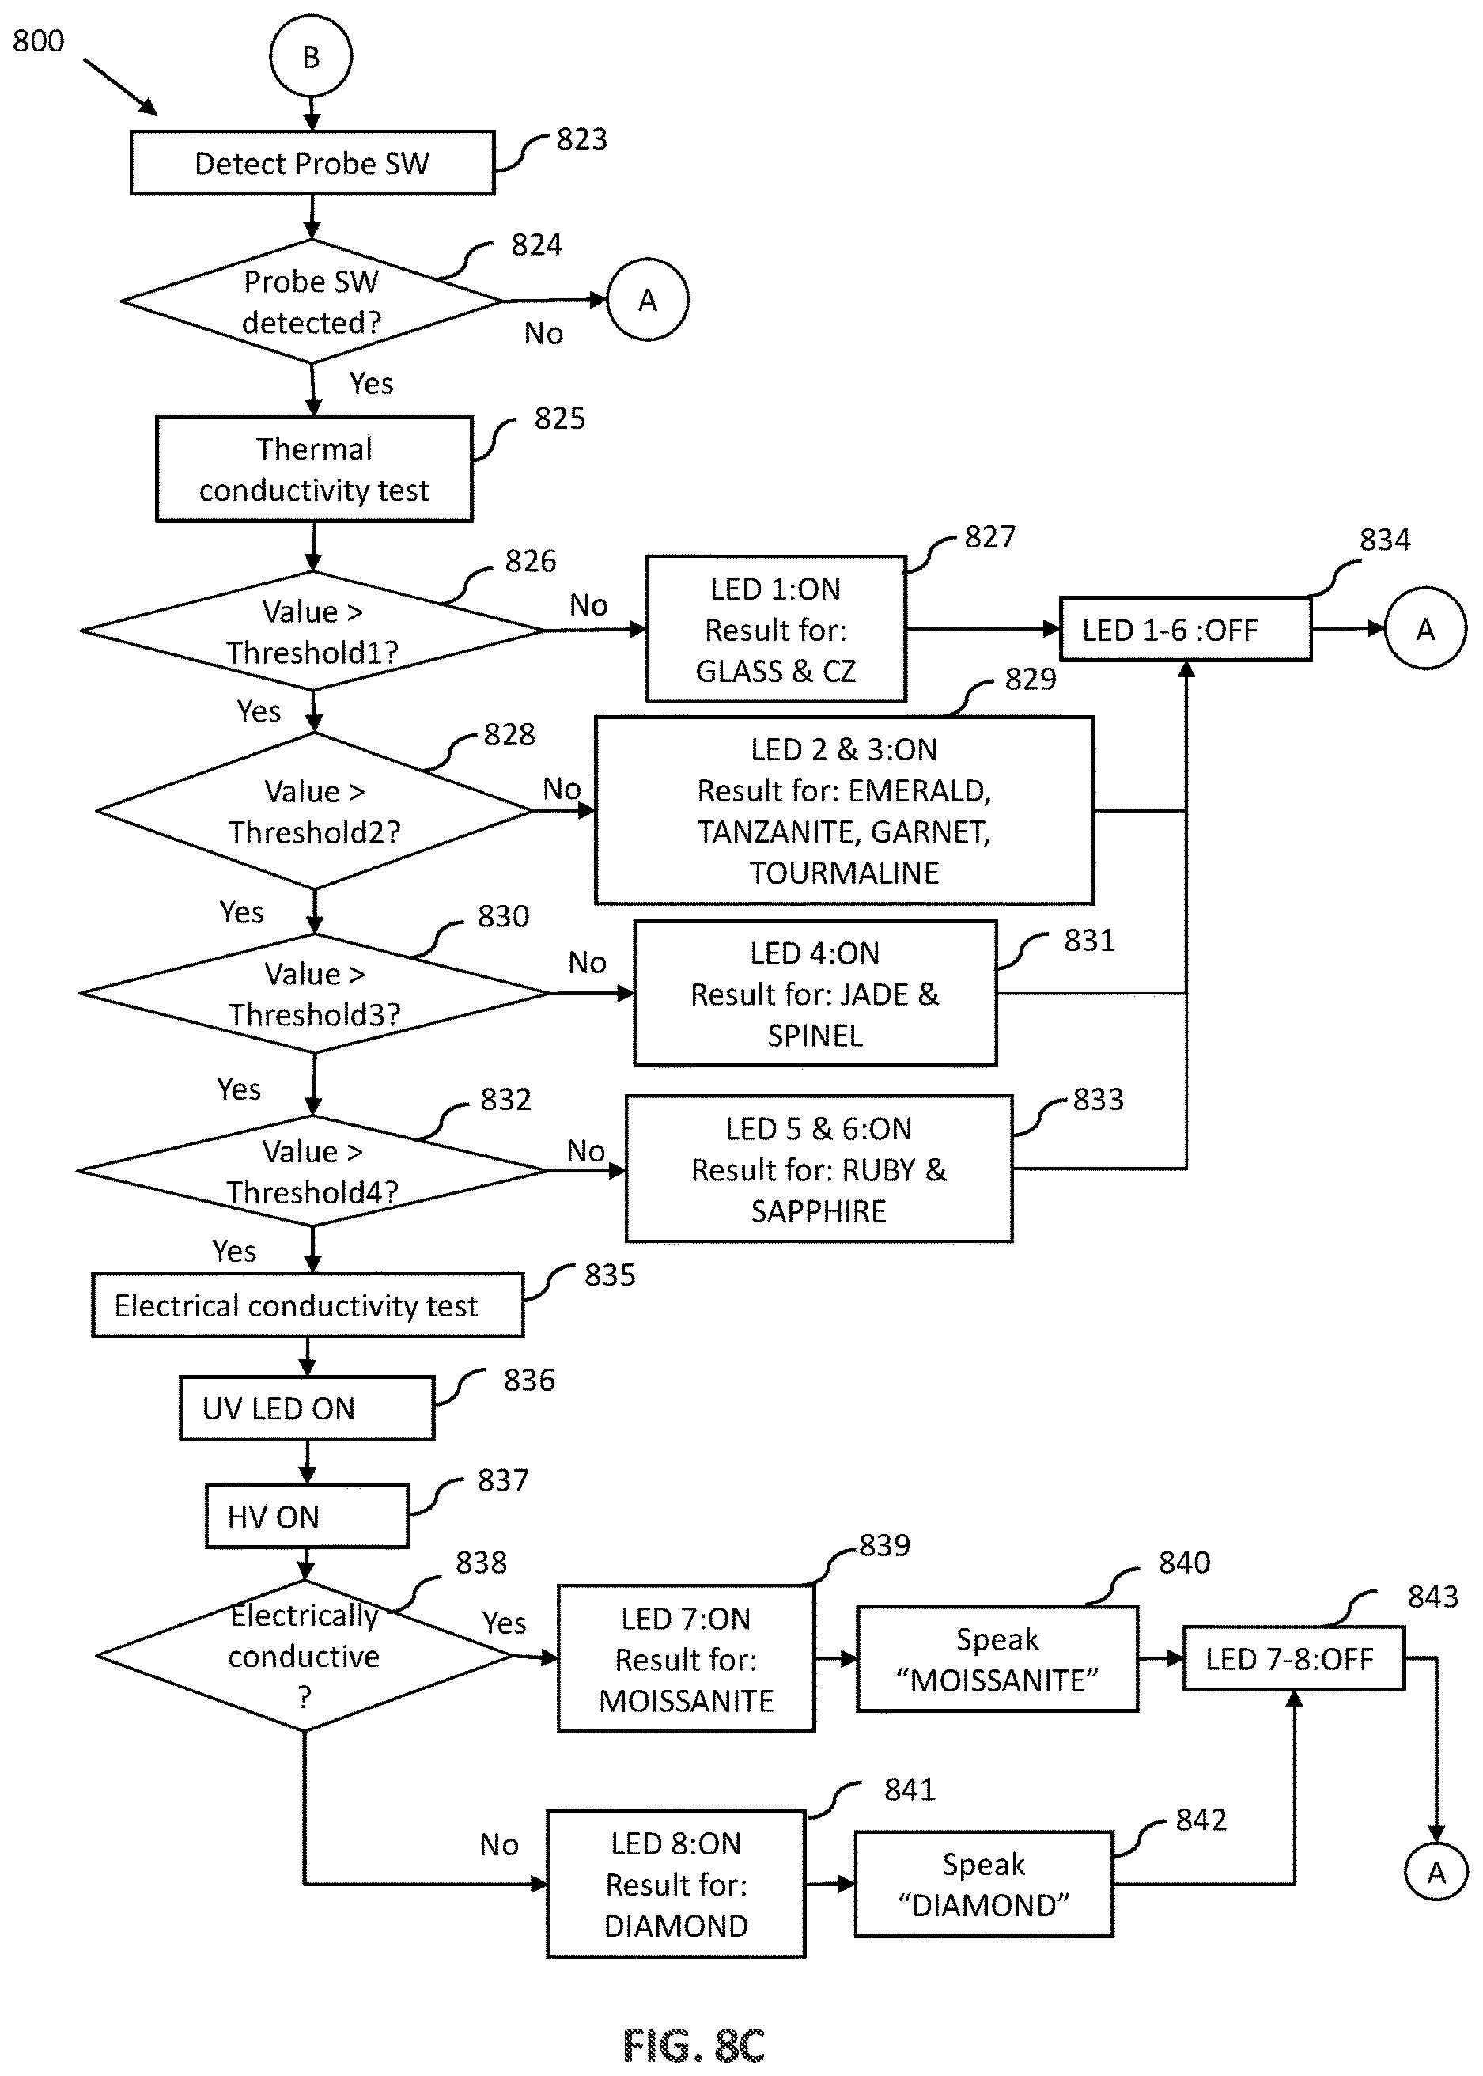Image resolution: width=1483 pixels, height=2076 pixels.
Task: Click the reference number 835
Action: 610,1275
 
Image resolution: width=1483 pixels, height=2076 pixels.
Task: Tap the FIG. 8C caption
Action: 694,2046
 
